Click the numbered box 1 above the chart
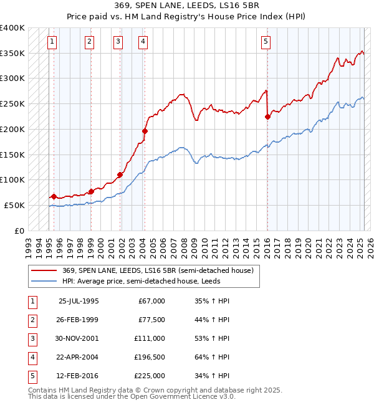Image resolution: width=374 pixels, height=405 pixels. [51, 42]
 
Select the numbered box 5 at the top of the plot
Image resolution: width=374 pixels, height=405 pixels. [266, 42]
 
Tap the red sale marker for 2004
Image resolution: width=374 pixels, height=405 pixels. [145, 131]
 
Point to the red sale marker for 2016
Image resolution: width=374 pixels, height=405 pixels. [267, 116]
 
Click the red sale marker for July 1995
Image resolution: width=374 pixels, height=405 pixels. [54, 196]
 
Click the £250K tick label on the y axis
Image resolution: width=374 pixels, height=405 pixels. [12, 104]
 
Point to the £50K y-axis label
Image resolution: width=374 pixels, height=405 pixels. [14, 205]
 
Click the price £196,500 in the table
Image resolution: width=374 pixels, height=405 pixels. [150, 357]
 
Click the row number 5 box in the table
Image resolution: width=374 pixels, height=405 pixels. [32, 376]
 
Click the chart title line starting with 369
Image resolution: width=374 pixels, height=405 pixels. [186, 7]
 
